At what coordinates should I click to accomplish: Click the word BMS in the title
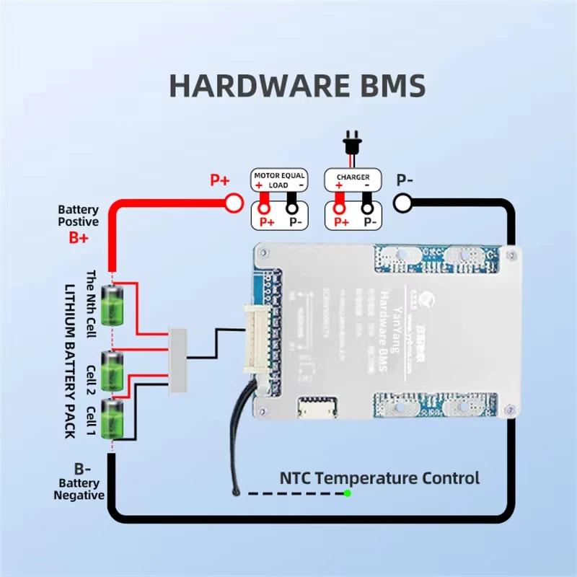pos(390,85)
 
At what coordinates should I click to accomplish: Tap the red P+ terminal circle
pos(234,203)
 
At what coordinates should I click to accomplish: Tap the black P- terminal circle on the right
pos(402,203)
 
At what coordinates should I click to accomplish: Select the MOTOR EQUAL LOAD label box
pos(278,180)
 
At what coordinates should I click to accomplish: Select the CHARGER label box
pos(353,177)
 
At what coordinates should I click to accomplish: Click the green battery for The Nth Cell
pos(113,304)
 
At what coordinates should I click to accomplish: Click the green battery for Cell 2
pos(113,371)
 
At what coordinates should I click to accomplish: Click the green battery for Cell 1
pos(113,418)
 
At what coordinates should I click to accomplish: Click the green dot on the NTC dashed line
pos(348,493)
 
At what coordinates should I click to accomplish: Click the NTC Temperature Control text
pos(379,477)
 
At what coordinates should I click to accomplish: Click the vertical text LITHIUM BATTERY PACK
pos(72,361)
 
